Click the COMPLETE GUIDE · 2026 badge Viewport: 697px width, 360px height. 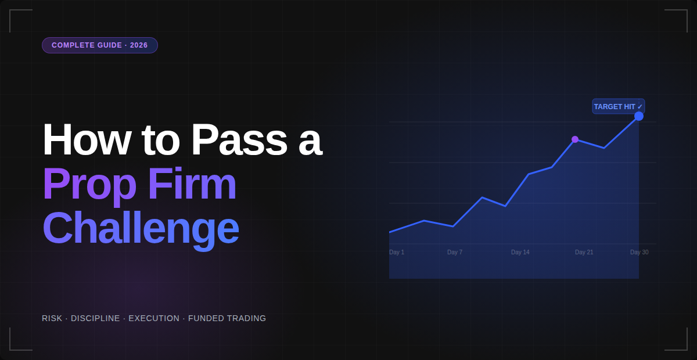(99, 45)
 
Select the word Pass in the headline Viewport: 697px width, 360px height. (239, 139)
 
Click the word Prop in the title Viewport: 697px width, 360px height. (89, 185)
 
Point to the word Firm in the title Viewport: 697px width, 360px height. (192, 183)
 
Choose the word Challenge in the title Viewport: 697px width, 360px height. (141, 228)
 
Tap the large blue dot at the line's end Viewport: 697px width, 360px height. (639, 116)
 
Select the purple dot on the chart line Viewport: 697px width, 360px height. (575, 139)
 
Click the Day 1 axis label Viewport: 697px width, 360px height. (397, 253)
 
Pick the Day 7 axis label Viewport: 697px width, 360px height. (455, 253)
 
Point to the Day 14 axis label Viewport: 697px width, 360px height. (520, 253)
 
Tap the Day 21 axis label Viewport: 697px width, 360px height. (584, 253)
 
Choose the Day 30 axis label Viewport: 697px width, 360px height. (639, 253)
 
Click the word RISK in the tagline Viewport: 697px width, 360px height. (52, 318)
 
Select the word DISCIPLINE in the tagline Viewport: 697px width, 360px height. (95, 318)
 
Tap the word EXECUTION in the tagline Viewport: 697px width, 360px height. (154, 318)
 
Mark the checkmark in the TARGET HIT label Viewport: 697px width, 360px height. (640, 107)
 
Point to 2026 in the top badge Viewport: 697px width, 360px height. (139, 45)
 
